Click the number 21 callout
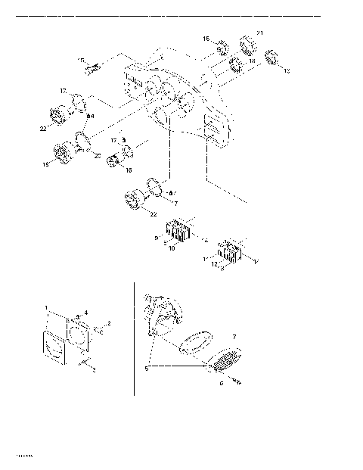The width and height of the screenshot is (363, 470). click(x=260, y=33)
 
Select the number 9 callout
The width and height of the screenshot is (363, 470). click(x=157, y=238)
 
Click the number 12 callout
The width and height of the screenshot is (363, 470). click(x=215, y=263)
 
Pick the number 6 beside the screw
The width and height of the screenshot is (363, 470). click(x=221, y=384)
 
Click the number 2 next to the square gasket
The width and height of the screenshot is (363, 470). click(x=109, y=323)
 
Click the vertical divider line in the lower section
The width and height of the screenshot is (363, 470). click(x=135, y=341)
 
